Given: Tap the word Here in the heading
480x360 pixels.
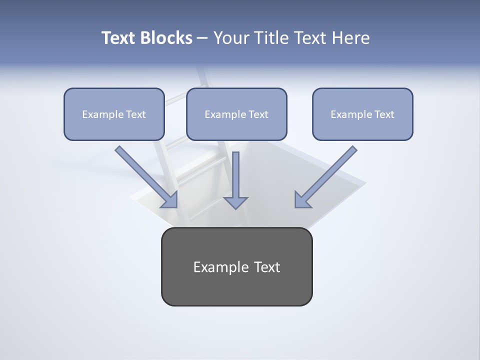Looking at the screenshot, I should [351, 38].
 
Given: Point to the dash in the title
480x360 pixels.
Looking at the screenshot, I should [202, 38].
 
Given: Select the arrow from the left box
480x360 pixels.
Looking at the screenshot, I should [145, 175].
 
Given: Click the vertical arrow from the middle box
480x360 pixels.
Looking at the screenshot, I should [235, 175].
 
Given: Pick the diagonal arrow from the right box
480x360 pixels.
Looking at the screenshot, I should [327, 175].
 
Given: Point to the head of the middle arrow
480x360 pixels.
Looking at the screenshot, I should [235, 202].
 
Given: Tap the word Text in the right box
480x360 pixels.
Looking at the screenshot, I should [384, 114].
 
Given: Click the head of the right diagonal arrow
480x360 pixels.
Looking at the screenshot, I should [302, 200].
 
